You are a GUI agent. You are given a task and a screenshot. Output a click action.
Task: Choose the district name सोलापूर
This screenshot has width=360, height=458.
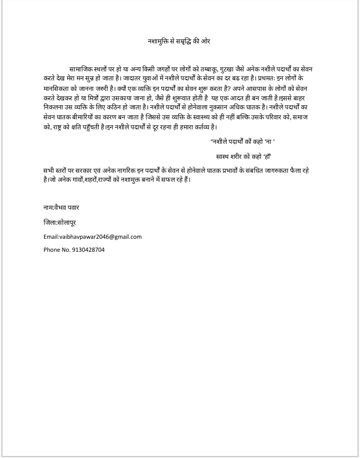pyautogui.click(x=67, y=222)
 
